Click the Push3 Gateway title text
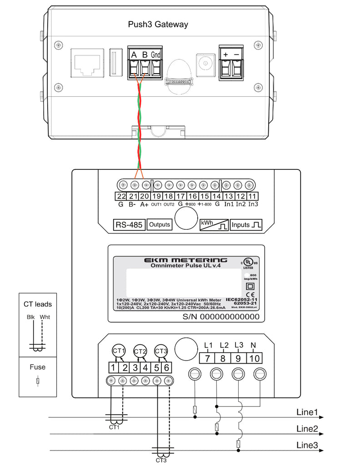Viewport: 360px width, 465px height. coord(158,25)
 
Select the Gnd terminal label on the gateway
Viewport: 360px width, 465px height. coord(156,55)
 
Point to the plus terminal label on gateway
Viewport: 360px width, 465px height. coord(225,54)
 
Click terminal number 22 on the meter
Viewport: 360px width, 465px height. coord(121,196)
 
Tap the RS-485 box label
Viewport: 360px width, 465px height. coord(128,224)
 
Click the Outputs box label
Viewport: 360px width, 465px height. coord(160,224)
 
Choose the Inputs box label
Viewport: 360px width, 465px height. coord(246,224)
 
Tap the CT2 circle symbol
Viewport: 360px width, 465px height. coord(140,351)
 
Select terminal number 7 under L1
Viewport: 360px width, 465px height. coord(207,358)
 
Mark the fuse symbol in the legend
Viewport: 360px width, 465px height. coord(38,382)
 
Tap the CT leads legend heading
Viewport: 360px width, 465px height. coord(38,304)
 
